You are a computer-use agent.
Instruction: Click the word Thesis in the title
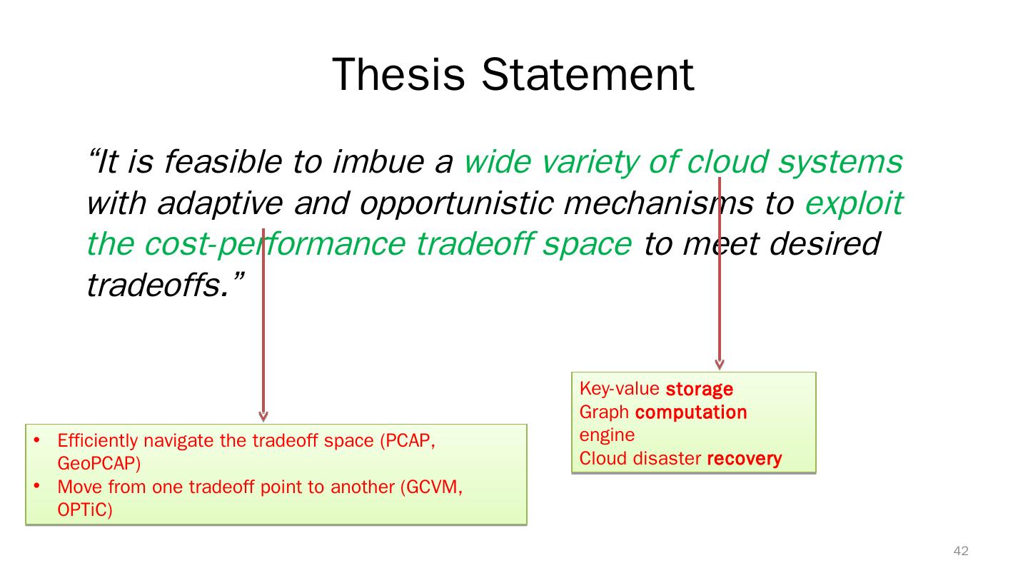click(398, 74)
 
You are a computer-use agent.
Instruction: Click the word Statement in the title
click(588, 74)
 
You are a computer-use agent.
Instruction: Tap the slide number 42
click(961, 550)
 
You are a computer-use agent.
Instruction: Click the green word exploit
click(854, 203)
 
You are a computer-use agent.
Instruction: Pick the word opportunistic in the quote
click(456, 203)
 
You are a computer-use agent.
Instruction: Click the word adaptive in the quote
click(220, 203)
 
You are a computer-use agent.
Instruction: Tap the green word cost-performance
click(275, 244)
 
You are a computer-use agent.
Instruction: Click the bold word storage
click(700, 389)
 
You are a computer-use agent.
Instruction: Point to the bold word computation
click(691, 412)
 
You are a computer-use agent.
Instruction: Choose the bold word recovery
click(745, 458)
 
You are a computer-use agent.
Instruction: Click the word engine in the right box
click(607, 435)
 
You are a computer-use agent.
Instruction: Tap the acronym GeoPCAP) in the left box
click(99, 464)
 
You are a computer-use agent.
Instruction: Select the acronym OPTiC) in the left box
click(85, 509)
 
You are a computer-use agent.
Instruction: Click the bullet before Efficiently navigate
click(37, 440)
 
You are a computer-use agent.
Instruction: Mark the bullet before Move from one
click(37, 486)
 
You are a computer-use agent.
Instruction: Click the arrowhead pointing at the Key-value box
click(720, 365)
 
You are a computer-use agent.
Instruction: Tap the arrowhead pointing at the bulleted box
click(263, 416)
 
